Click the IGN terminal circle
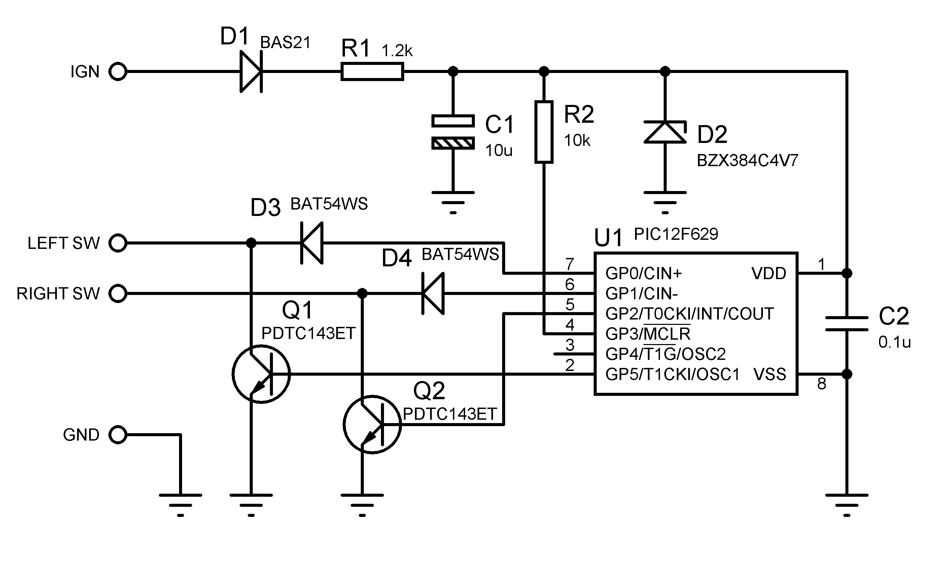118,72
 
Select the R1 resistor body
372,72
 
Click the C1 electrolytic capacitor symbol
453,132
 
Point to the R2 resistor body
544,132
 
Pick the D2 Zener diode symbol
665,132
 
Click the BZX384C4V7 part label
747,161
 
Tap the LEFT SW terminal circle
118,243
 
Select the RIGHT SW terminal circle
118,294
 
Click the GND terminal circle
118,435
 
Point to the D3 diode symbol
312,243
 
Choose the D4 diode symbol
433,294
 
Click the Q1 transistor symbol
261,374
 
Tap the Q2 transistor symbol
372,424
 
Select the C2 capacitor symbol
847,324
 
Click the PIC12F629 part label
676,234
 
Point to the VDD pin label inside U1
769,273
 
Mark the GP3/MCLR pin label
648,334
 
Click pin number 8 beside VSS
821,384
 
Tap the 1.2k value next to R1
397,51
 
